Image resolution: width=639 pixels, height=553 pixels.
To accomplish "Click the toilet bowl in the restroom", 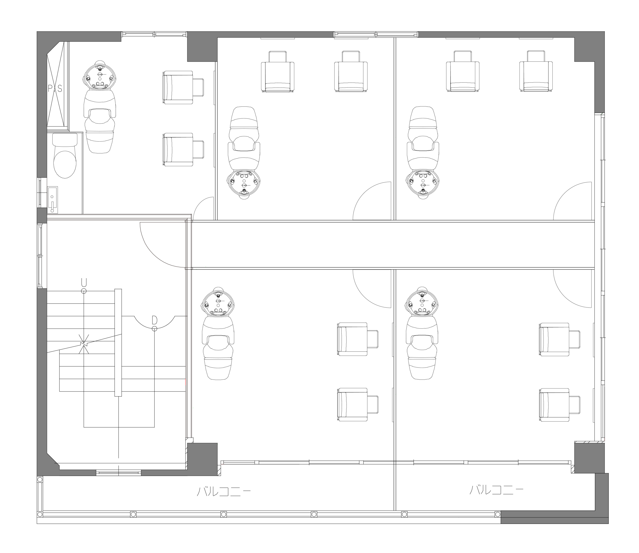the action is [x=65, y=156].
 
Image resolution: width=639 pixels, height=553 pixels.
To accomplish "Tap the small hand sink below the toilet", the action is [x=52, y=200].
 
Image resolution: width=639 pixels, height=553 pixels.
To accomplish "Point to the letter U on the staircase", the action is [x=84, y=282].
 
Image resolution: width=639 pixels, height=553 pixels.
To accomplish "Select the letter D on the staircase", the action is [x=155, y=320].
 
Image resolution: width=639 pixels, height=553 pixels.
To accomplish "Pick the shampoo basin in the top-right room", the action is [x=423, y=184].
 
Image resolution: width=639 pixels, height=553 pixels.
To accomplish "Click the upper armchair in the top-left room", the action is [x=183, y=87].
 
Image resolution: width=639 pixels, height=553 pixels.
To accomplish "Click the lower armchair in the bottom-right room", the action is [x=559, y=405].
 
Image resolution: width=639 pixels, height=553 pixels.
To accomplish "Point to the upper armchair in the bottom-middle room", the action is [x=358, y=339].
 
